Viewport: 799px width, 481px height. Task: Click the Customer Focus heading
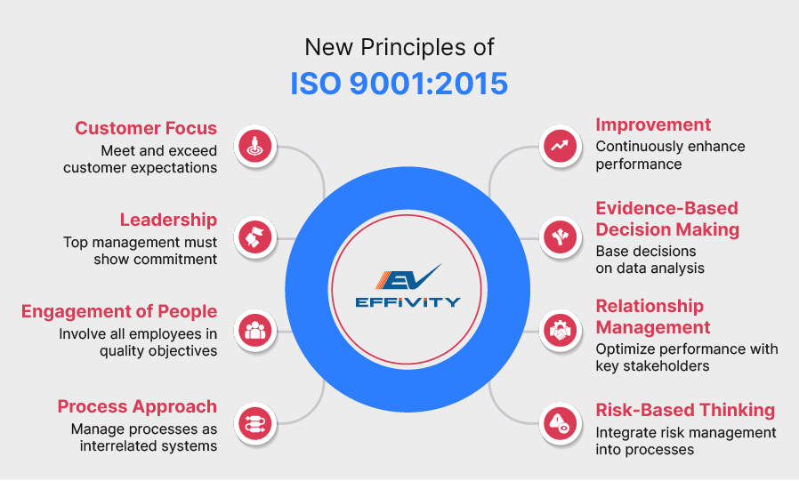146,128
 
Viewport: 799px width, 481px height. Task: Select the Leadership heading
168,220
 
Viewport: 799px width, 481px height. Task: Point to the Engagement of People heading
119,311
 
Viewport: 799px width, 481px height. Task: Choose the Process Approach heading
137,406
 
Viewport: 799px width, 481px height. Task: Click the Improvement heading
653,124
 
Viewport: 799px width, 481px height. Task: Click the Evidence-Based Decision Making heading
667,219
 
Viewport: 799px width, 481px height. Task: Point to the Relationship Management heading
653,317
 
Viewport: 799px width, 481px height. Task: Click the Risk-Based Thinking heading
685,410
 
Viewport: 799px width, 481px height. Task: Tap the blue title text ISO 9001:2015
399,84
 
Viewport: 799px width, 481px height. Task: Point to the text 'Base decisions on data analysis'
650,260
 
